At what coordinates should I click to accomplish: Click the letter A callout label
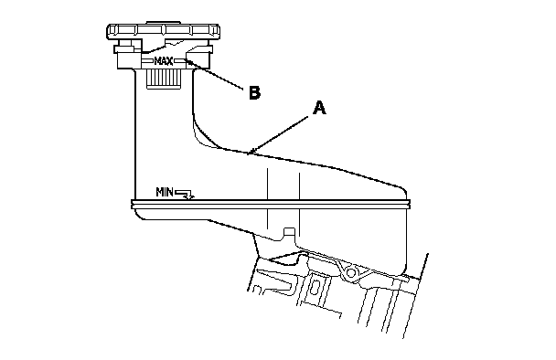[x=319, y=108]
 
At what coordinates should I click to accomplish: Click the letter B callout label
[x=254, y=93]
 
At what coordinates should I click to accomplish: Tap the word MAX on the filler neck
[x=164, y=61]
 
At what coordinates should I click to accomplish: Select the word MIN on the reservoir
[x=165, y=193]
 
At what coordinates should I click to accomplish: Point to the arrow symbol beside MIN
[x=185, y=195]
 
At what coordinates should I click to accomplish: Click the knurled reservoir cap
[x=163, y=31]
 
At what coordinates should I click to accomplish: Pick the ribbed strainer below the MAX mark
[x=164, y=79]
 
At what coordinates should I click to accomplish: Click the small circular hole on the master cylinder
[x=350, y=273]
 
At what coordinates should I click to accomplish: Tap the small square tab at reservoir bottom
[x=289, y=233]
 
